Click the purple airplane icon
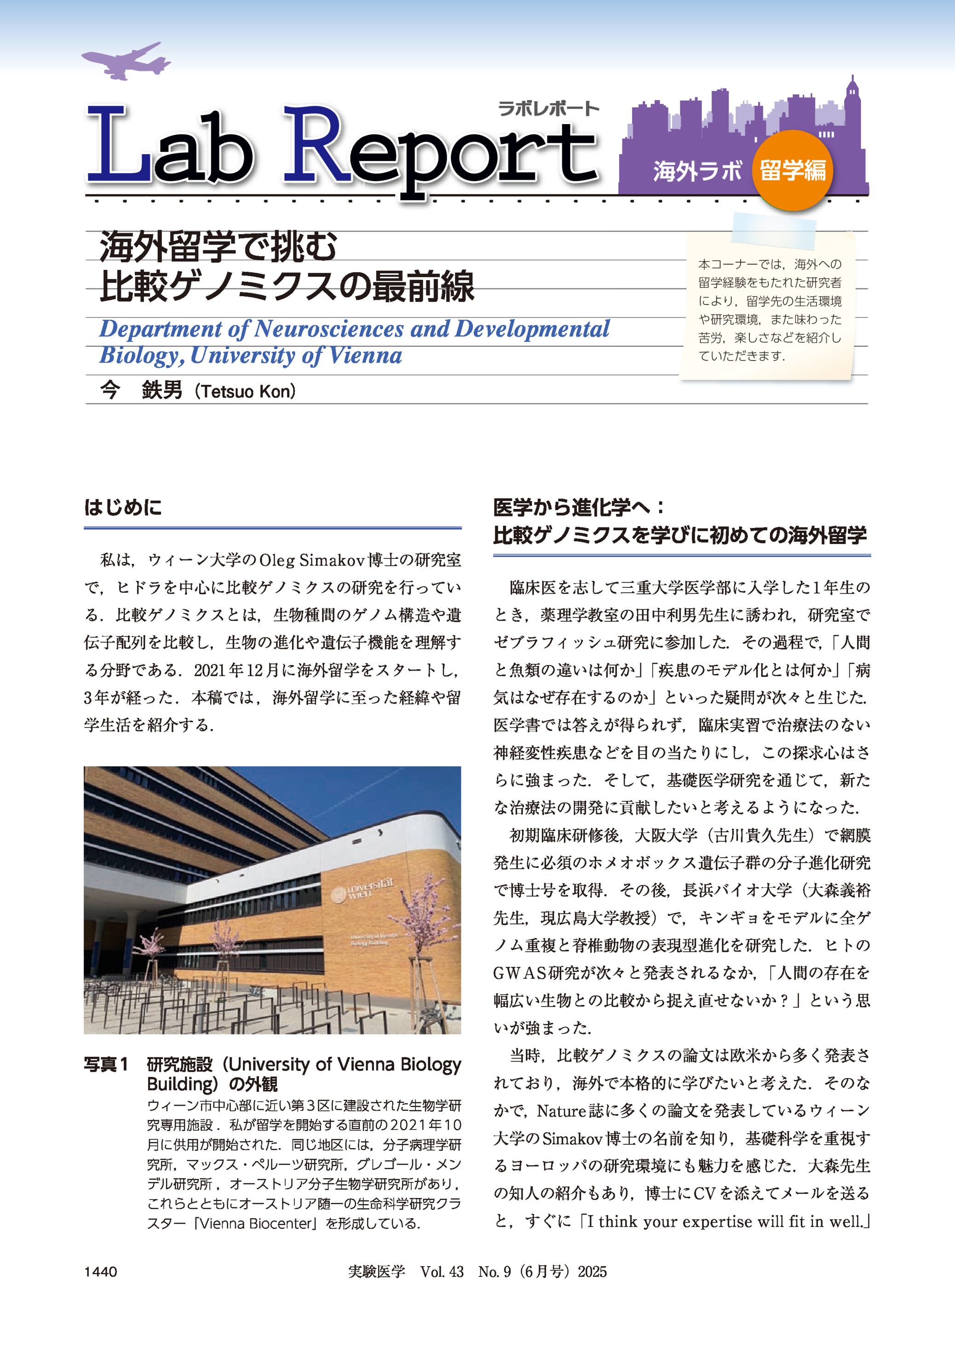click(x=125, y=61)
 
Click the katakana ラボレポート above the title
click(x=547, y=108)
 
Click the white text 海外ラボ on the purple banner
click(x=697, y=171)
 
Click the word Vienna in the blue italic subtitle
click(x=366, y=356)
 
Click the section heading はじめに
click(x=123, y=507)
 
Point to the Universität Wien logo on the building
click(x=360, y=889)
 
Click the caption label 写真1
click(x=106, y=1065)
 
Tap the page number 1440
click(x=101, y=1272)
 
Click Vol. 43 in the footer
click(x=442, y=1272)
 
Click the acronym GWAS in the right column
click(x=520, y=973)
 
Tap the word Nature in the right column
click(x=562, y=1111)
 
